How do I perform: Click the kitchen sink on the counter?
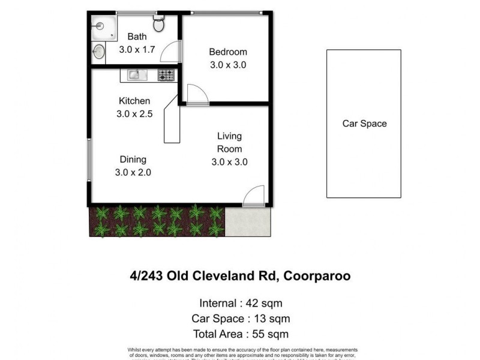pyautogui.click(x=134, y=75)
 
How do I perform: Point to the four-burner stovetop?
pyautogui.click(x=166, y=75)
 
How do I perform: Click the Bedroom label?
pyautogui.click(x=227, y=52)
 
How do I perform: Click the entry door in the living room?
pyautogui.click(x=254, y=196)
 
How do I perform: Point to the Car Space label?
pyautogui.click(x=364, y=124)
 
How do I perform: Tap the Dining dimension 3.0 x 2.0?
pyautogui.click(x=133, y=172)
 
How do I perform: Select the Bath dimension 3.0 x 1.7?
pyautogui.click(x=137, y=50)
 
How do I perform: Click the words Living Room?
pyautogui.click(x=229, y=143)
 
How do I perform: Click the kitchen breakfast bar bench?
pyautogui.click(x=172, y=120)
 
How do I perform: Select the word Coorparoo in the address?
pyautogui.click(x=317, y=276)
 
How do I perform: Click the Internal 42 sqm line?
pyautogui.click(x=240, y=303)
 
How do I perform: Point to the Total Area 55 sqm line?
pyautogui.click(x=240, y=334)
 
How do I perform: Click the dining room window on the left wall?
pyautogui.click(x=89, y=159)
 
